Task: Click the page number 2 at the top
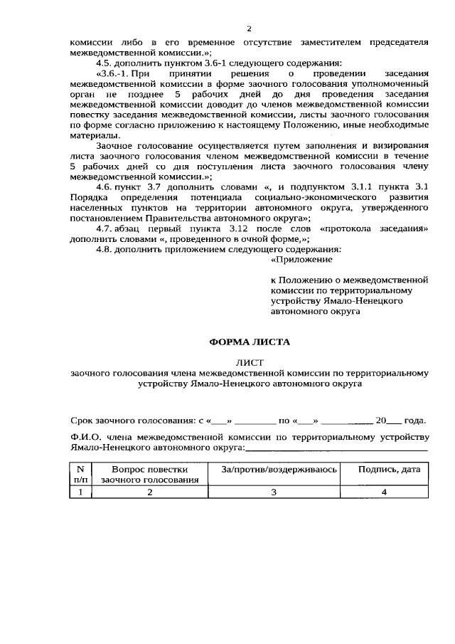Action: pyautogui.click(x=249, y=28)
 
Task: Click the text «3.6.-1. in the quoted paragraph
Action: pyautogui.click(x=112, y=74)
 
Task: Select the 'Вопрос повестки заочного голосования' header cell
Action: pyautogui.click(x=149, y=475)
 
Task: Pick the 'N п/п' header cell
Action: pyautogui.click(x=80, y=475)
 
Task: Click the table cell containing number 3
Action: pyautogui.click(x=272, y=492)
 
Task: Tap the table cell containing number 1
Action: pyautogui.click(x=80, y=492)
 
